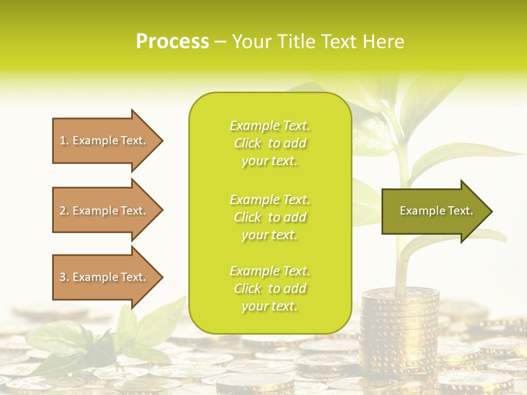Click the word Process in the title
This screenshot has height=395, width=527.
pos(172,42)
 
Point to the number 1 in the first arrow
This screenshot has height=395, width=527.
pos(63,140)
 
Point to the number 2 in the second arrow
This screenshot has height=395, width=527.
pos(63,211)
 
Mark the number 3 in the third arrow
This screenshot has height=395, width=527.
pos(63,277)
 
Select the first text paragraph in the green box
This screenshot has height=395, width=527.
pos(270,143)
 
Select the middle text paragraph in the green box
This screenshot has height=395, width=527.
pos(270,217)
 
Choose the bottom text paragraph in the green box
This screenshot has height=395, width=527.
pos(270,289)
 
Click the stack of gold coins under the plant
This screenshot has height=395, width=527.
pos(400,329)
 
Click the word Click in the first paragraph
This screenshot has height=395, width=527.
pos(247,143)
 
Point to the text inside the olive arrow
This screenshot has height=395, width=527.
pos(436,211)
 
